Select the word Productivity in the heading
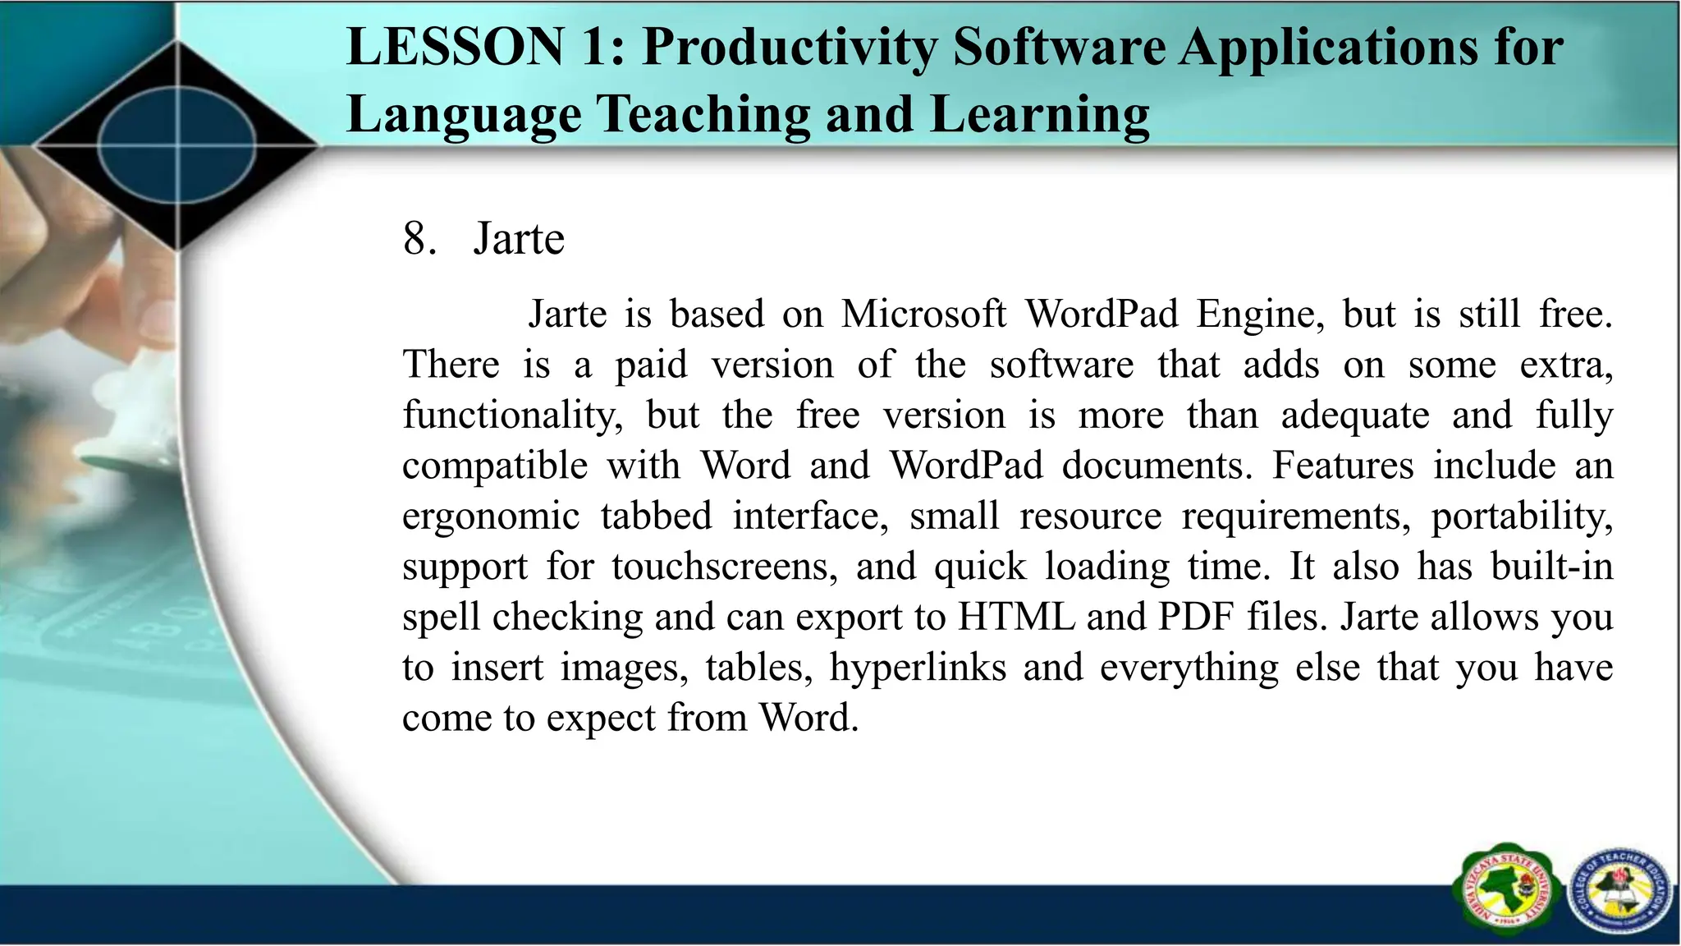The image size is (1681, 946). pyautogui.click(x=789, y=48)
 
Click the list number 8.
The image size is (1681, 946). pyautogui.click(x=418, y=239)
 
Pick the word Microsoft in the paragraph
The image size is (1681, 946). pyautogui.click(x=923, y=314)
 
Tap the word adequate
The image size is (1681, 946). pyautogui.click(x=1355, y=416)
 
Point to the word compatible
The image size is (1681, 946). pyautogui.click(x=495, y=466)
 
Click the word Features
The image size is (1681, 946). pyautogui.click(x=1343, y=466)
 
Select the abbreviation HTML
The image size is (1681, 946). pyautogui.click(x=1016, y=617)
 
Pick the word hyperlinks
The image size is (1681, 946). pyautogui.click(x=918, y=667)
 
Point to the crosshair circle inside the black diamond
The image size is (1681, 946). pyautogui.click(x=177, y=146)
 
